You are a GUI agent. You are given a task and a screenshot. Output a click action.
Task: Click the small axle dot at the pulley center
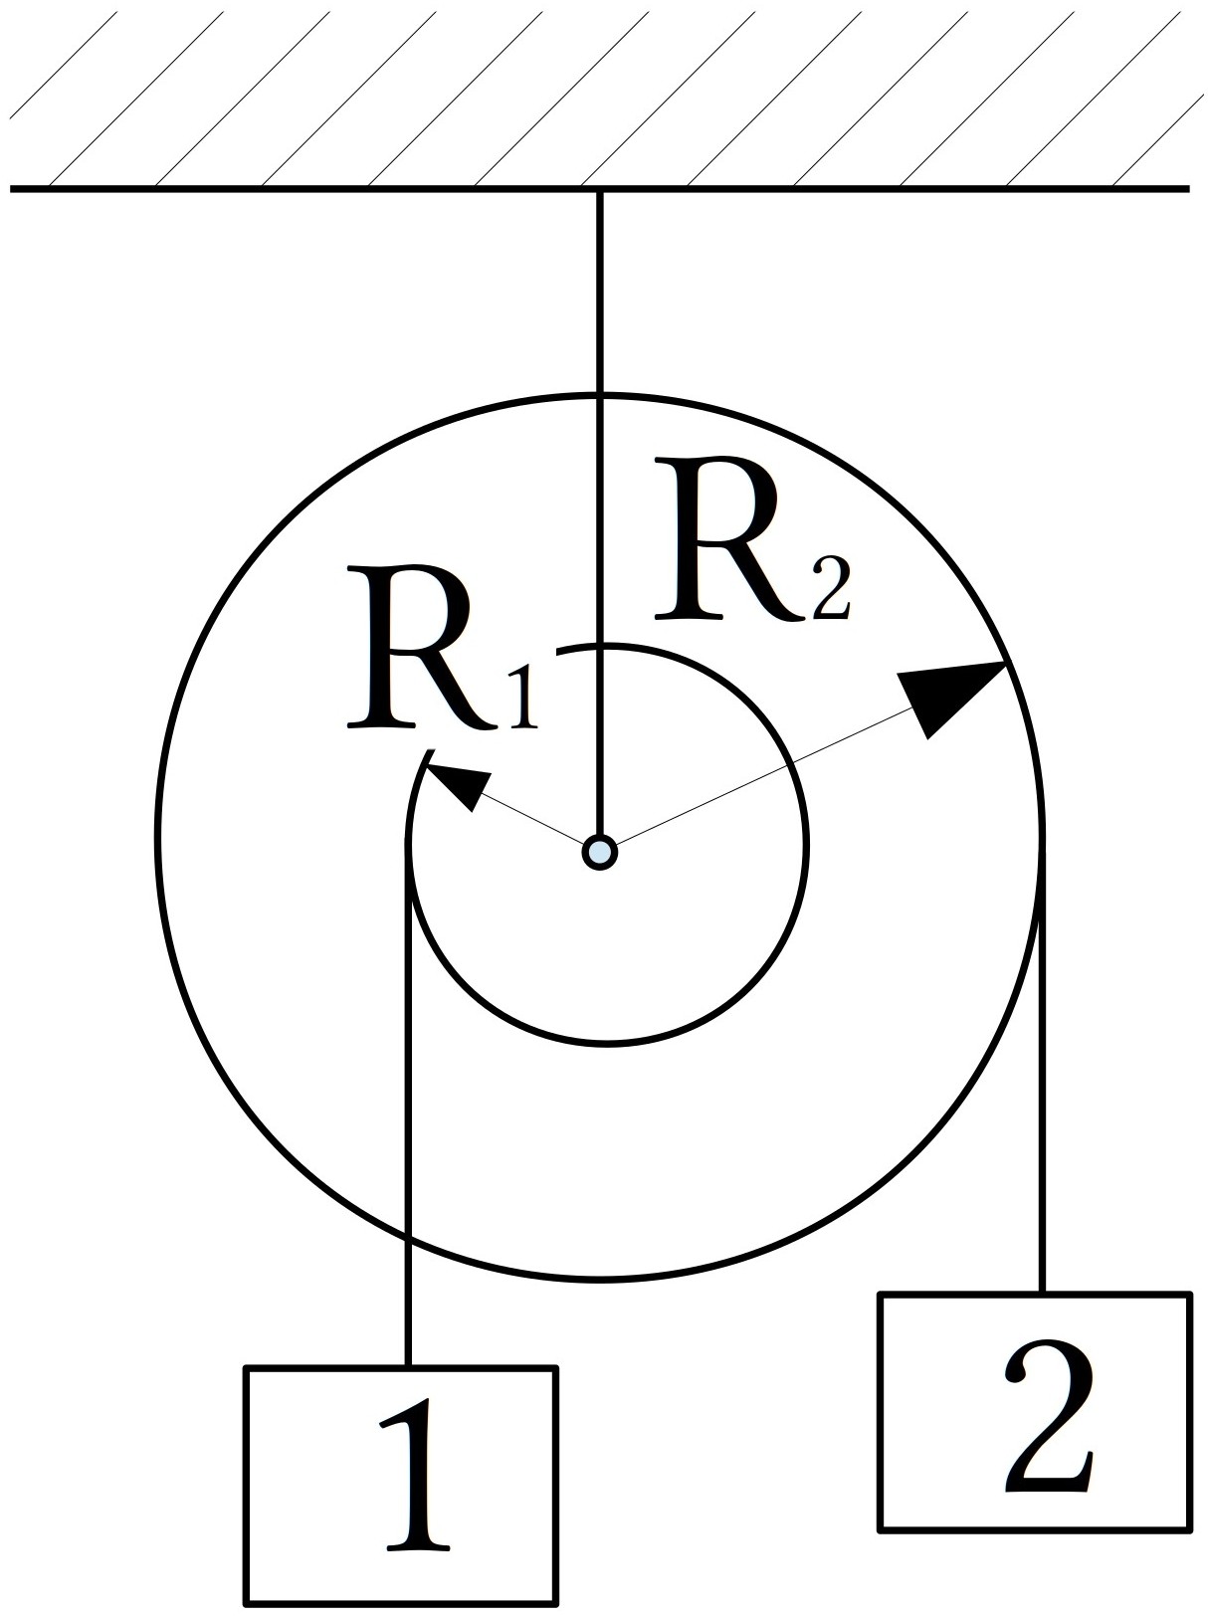(599, 853)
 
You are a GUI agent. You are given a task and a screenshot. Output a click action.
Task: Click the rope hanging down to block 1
(409, 1105)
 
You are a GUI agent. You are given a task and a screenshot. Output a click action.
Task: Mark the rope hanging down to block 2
(1041, 1068)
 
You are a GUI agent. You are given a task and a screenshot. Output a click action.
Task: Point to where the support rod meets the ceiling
(599, 191)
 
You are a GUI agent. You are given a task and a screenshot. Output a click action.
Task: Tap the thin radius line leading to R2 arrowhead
(758, 782)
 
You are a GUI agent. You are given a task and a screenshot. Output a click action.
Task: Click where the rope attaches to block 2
(1041, 1295)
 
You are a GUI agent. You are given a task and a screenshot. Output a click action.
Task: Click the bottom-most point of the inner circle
(608, 1042)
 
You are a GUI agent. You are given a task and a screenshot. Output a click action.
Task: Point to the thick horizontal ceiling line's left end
(11, 189)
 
